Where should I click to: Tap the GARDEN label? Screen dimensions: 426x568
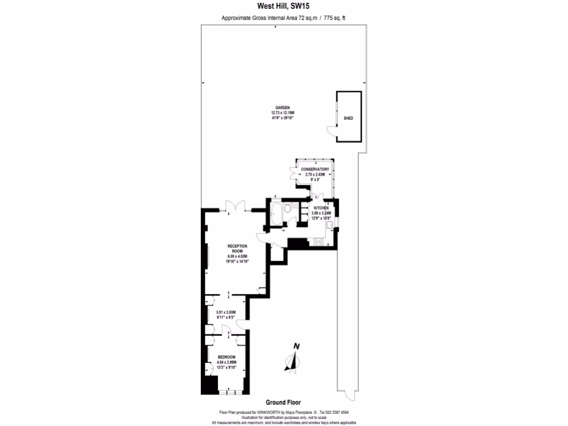point(283,108)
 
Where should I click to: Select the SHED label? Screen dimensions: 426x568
point(348,118)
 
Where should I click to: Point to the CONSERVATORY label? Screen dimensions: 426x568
point(315,169)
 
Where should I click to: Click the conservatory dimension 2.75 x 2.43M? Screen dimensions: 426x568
point(315,174)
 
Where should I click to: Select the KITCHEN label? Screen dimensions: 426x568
point(321,207)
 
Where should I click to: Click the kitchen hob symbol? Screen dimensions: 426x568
point(319,241)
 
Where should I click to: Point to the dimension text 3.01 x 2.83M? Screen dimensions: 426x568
point(226,312)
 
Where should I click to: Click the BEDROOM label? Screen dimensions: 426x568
point(226,357)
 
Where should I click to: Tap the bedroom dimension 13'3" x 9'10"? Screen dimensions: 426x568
point(226,367)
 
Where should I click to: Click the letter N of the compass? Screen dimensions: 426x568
point(296,347)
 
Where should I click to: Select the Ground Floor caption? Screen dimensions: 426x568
point(283,403)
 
